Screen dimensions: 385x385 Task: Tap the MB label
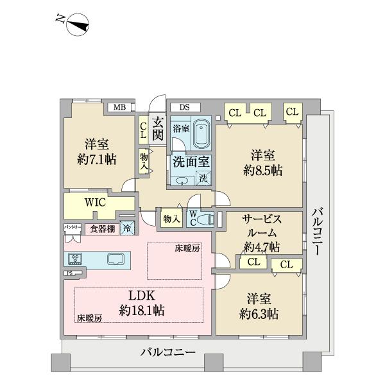[119, 107]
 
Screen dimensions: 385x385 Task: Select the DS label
[185, 107]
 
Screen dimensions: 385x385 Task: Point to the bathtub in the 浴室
[202, 133]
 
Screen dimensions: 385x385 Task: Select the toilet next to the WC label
[205, 219]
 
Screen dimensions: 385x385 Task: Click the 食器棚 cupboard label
[102, 228]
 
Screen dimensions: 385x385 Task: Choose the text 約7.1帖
[98, 159]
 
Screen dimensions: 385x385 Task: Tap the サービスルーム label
[261, 225]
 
